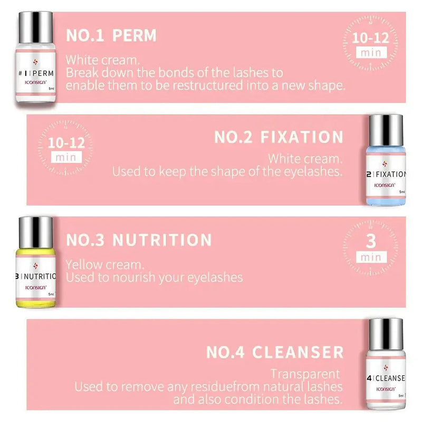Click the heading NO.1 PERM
tap(111, 35)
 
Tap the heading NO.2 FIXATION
tap(279, 137)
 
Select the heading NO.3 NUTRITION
tap(139, 240)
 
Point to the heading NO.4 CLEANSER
tap(275, 351)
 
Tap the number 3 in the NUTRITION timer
tap(371, 242)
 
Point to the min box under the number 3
tap(371, 257)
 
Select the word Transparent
tap(305, 374)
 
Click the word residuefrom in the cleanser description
tap(229, 387)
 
